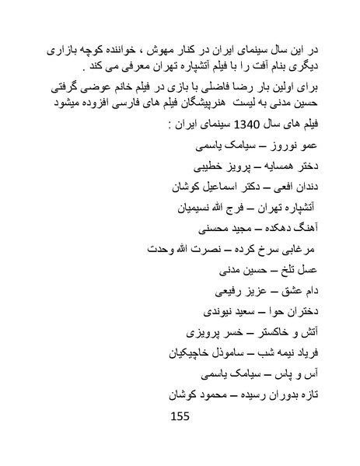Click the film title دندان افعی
299,187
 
